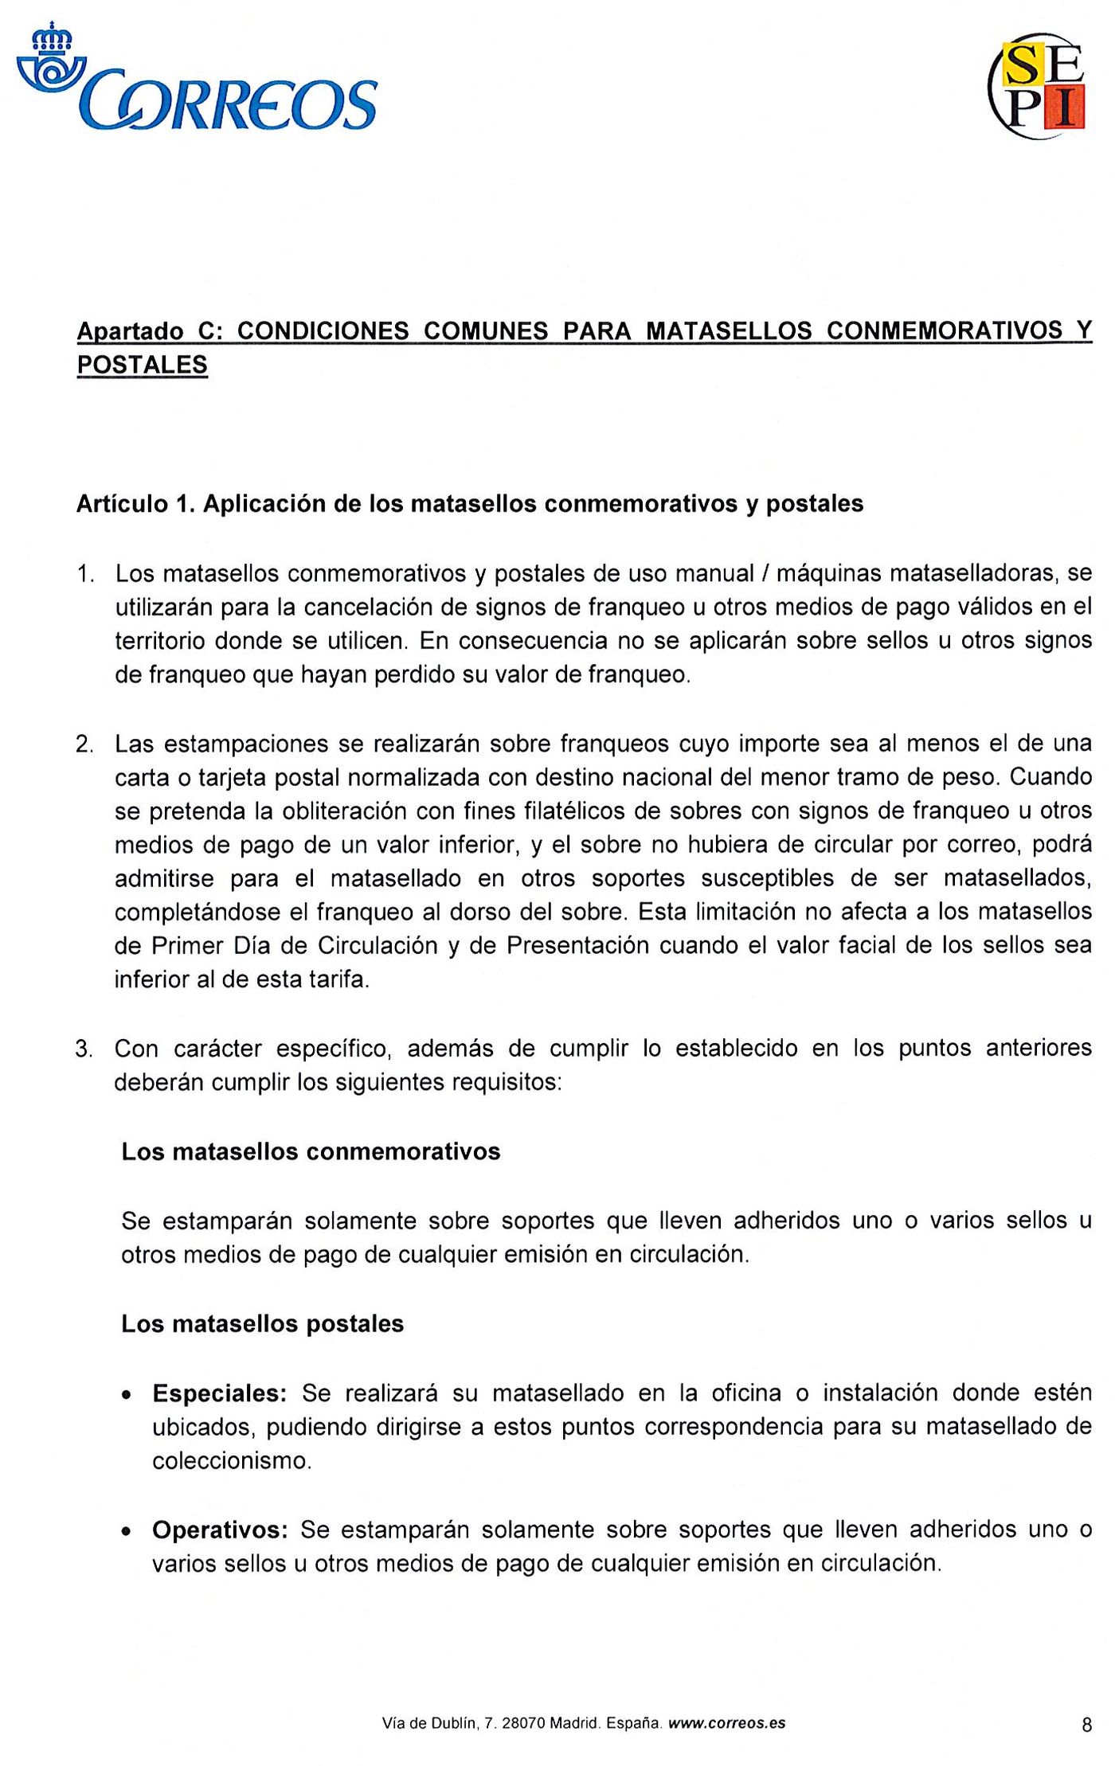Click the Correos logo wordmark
[231, 104]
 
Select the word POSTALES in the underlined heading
[142, 365]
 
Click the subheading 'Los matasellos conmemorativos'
[311, 1152]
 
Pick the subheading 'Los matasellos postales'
[262, 1324]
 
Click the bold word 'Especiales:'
[219, 1394]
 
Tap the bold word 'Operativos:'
[219, 1530]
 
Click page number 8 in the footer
[1086, 1725]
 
